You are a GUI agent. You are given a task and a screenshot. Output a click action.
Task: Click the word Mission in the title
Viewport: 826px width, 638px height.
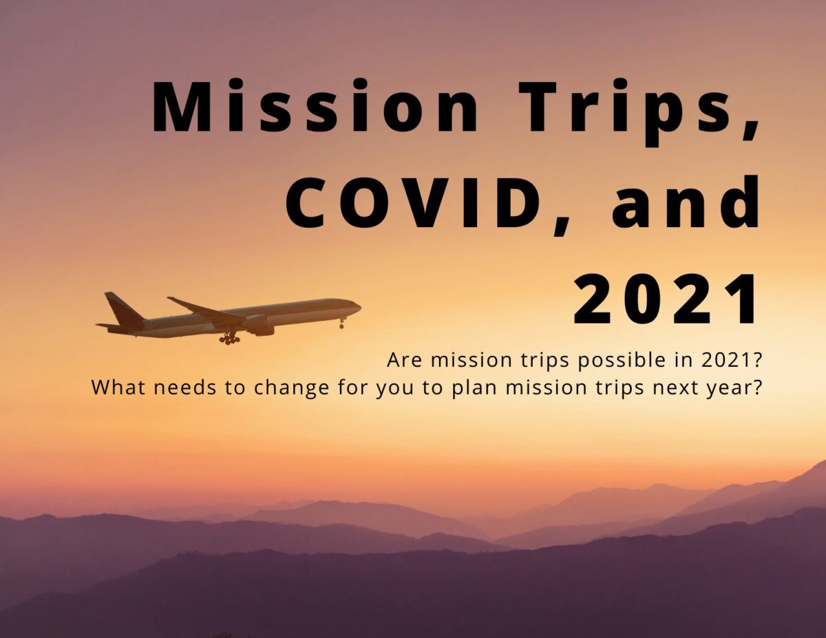click(315, 105)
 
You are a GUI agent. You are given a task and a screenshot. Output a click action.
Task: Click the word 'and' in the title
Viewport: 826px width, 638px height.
click(686, 202)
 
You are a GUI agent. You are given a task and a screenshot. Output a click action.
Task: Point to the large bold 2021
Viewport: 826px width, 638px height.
click(665, 299)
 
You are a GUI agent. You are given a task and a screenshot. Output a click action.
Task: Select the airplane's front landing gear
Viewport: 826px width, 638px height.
click(342, 323)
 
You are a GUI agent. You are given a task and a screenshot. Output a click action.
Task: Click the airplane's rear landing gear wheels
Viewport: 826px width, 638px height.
click(230, 339)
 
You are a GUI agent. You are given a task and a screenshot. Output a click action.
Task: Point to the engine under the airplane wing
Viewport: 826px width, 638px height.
click(260, 325)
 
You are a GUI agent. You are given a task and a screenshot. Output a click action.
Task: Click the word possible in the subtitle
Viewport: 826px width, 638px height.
click(622, 361)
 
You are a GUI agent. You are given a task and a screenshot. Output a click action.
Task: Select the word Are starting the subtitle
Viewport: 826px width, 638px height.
click(404, 360)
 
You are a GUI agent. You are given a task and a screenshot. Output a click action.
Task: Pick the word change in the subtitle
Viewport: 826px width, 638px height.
click(292, 388)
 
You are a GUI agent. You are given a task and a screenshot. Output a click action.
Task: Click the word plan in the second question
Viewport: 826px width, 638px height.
click(475, 388)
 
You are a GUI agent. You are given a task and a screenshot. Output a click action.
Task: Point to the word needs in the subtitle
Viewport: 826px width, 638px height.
click(186, 387)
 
